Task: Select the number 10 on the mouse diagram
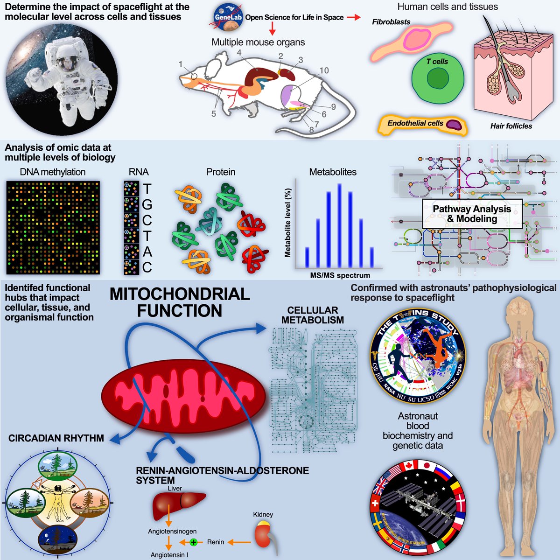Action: coord(324,70)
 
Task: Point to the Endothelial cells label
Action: coord(415,123)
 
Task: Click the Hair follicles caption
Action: coord(511,126)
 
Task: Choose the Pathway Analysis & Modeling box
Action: coord(472,214)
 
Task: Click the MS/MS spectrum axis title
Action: coord(340,275)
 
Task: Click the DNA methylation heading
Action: coord(52,172)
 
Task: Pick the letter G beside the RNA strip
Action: coord(147,204)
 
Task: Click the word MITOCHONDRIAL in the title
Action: coord(180,294)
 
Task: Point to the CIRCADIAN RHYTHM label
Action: coord(56,438)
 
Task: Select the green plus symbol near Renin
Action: coord(194,542)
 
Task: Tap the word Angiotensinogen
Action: coord(172,531)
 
